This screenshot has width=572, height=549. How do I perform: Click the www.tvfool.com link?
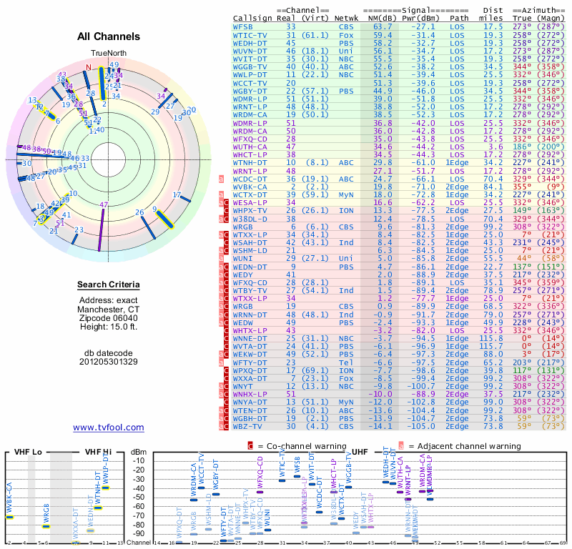point(108,427)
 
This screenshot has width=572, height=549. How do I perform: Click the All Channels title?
point(109,36)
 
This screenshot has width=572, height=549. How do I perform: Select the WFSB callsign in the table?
point(243,26)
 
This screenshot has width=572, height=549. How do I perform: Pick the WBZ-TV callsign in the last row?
point(248,426)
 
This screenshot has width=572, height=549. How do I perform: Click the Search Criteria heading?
point(109,285)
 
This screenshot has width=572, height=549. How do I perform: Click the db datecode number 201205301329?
point(109,361)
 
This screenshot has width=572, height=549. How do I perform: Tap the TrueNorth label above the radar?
point(108,54)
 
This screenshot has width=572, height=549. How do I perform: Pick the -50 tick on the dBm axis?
point(139,498)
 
